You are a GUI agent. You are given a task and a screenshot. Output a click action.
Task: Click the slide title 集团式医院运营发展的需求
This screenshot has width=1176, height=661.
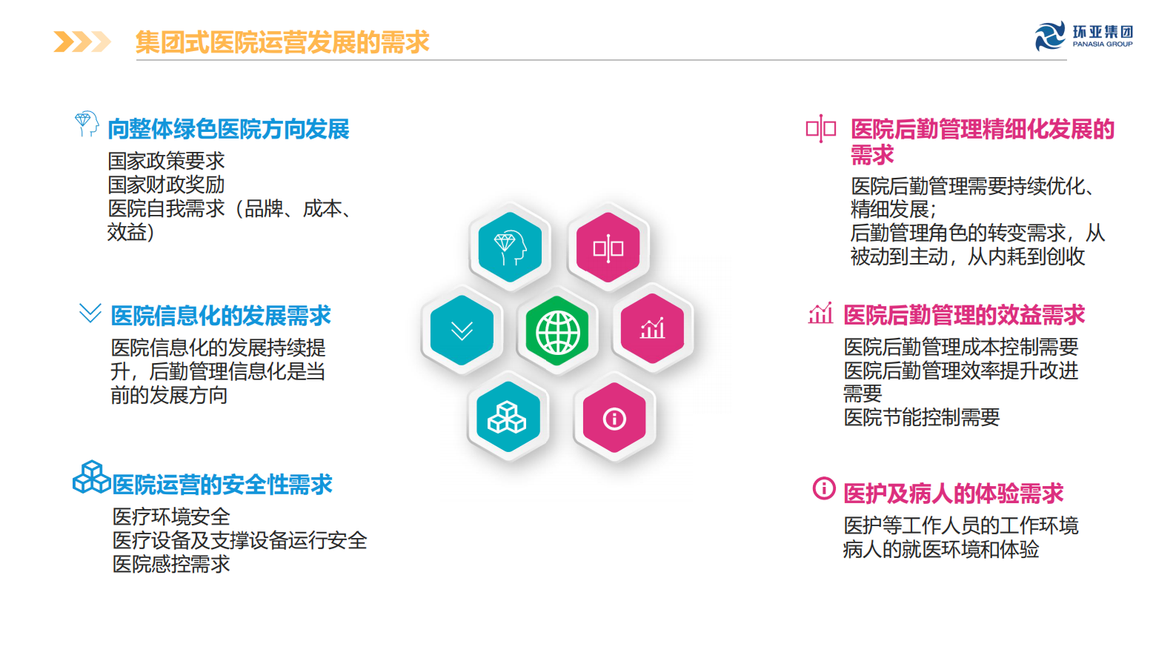point(282,42)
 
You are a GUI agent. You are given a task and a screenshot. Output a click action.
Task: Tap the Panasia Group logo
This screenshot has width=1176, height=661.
point(1083,36)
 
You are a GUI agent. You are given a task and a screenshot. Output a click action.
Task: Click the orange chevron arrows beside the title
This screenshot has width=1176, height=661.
point(82,42)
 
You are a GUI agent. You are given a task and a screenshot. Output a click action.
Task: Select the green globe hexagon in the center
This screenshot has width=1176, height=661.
point(557,331)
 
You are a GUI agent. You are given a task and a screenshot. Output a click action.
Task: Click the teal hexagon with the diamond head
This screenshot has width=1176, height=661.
point(510,248)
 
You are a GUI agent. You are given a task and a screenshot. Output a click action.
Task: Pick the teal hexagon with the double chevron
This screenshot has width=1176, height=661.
point(462,330)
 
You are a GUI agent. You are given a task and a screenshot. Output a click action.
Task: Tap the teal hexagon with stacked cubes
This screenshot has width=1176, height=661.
point(507,417)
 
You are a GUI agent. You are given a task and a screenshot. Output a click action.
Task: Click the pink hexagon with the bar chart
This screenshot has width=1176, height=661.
point(652,328)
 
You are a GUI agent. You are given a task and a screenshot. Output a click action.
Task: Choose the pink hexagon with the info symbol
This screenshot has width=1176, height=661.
point(614,418)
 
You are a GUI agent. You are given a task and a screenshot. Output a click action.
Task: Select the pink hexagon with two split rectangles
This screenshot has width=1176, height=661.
point(608,248)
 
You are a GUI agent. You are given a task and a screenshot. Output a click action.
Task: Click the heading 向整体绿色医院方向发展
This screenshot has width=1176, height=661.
point(228,129)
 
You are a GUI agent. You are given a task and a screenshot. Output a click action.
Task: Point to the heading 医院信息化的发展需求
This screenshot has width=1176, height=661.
point(221,316)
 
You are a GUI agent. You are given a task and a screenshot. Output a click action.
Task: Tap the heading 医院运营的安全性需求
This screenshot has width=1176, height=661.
point(222,485)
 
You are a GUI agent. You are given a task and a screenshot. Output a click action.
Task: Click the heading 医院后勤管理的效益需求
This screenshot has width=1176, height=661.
point(964,315)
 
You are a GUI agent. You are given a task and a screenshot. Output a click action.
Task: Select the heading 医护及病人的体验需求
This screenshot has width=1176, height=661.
point(953,494)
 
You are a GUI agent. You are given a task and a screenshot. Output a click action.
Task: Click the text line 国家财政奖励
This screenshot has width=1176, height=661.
point(166,185)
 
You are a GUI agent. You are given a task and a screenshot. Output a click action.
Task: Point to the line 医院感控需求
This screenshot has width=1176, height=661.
point(171,564)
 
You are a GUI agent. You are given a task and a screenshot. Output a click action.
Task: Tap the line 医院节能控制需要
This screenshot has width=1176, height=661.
point(921,417)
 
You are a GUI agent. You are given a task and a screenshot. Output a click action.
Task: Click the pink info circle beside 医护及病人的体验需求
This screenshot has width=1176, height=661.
point(823,488)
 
